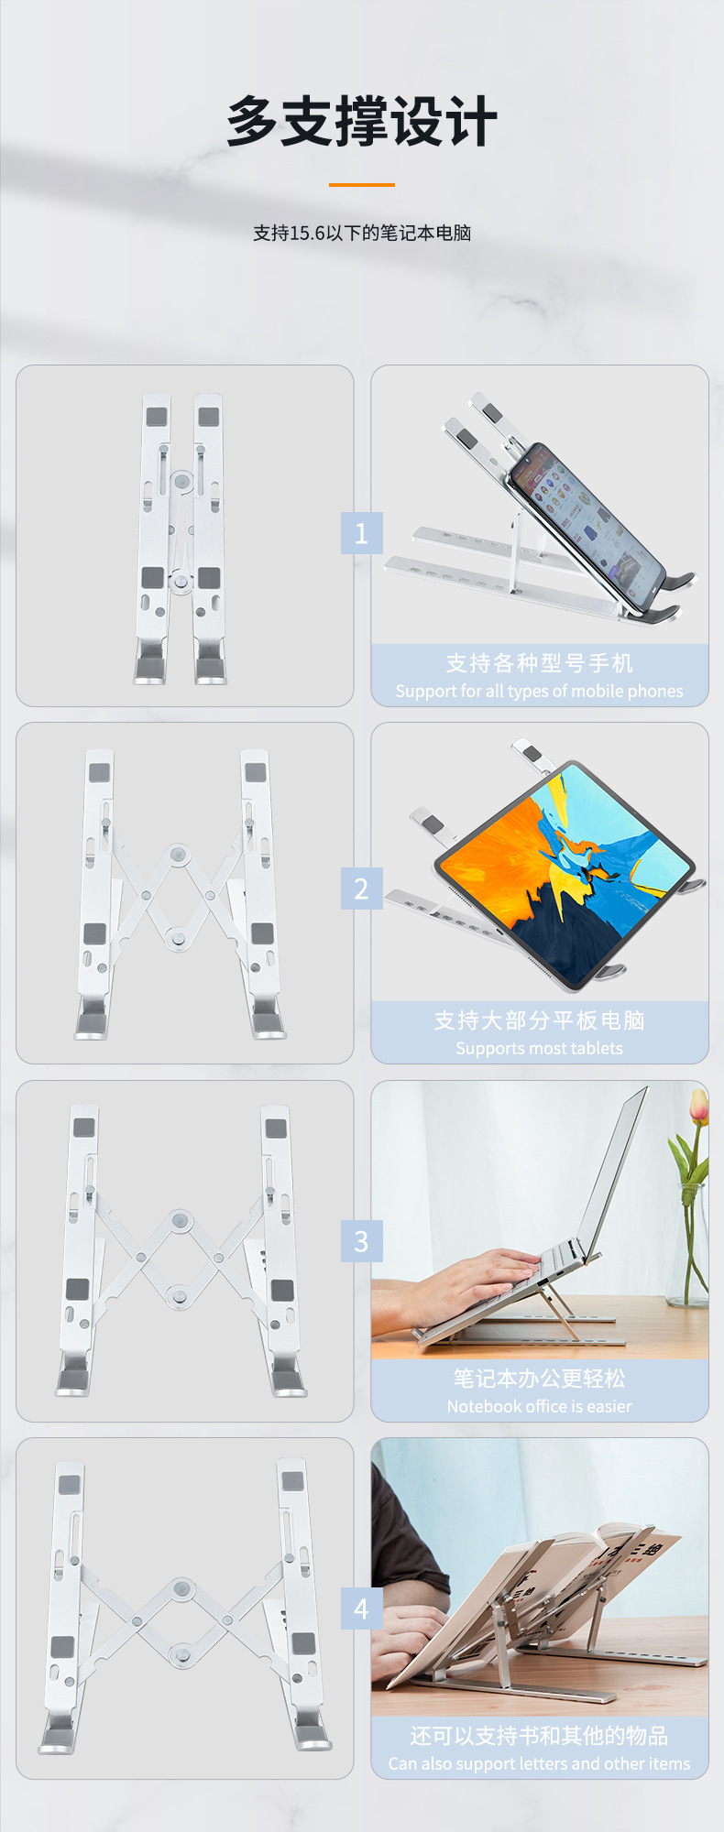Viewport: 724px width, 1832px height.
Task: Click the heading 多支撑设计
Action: tap(362, 121)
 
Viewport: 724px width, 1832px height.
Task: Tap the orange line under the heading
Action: tap(362, 185)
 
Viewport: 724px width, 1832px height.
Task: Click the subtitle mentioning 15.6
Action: tap(362, 233)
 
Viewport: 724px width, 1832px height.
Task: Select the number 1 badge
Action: tap(361, 533)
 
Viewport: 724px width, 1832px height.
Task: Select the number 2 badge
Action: tap(361, 889)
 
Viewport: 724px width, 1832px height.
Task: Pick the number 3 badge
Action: tap(361, 1241)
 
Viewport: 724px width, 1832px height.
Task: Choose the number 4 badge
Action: tap(361, 1608)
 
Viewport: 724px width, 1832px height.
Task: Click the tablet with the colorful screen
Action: tap(564, 875)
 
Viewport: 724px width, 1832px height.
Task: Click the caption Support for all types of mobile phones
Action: tap(539, 691)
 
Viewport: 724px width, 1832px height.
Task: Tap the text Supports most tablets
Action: tap(539, 1048)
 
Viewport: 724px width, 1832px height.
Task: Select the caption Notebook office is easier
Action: tap(539, 1406)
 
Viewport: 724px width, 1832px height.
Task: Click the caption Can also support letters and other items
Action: tap(539, 1763)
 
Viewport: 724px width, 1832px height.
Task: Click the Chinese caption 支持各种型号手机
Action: tap(539, 662)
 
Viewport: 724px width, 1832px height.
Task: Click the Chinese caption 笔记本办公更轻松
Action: tap(539, 1378)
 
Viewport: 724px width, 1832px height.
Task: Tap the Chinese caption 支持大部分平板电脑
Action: tap(539, 1020)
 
